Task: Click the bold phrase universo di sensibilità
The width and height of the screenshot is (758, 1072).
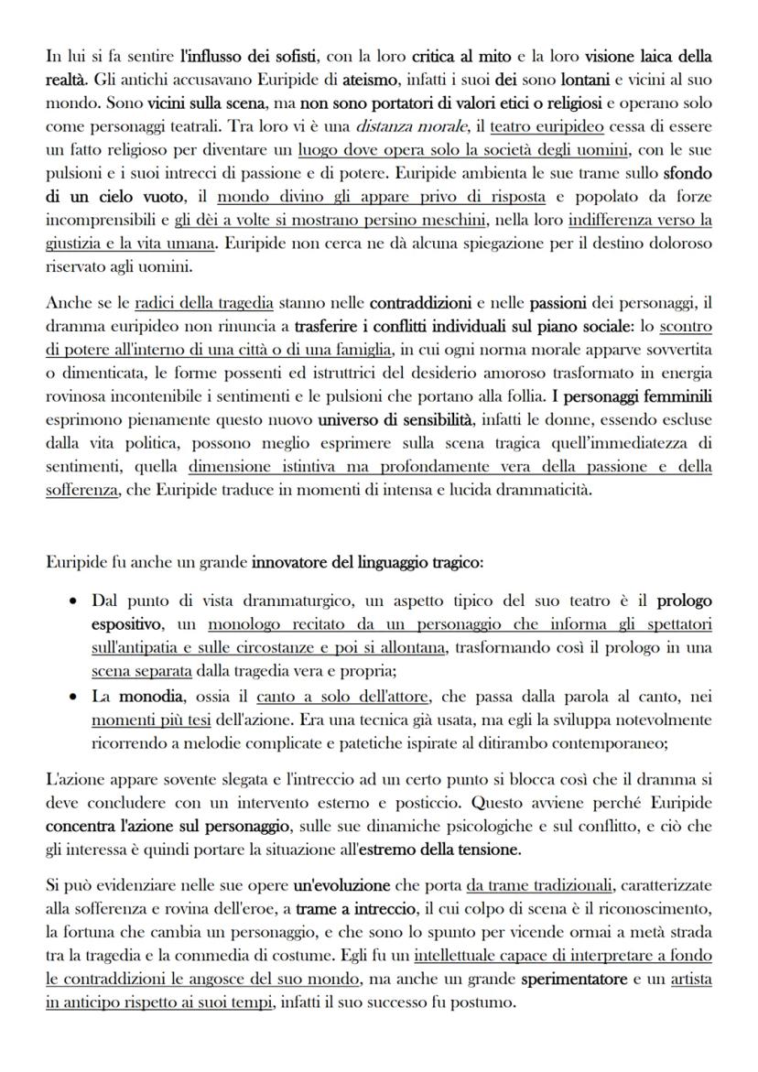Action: pyautogui.click(x=393, y=420)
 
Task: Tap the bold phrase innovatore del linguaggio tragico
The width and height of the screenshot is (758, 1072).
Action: pyautogui.click(x=366, y=560)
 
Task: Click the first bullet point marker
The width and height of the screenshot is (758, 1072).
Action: pyautogui.click(x=72, y=601)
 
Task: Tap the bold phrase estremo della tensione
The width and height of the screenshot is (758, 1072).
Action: pyautogui.click(x=438, y=849)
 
